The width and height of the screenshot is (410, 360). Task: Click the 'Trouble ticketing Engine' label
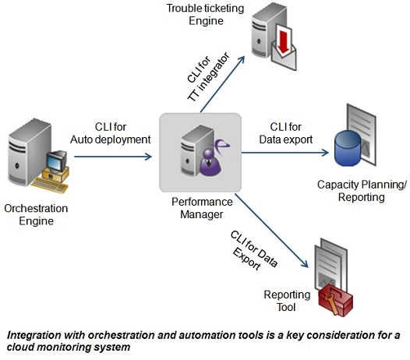pos(206,14)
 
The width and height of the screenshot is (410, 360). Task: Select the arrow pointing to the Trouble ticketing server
pos(222,84)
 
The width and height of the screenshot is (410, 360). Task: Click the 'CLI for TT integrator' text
pos(208,78)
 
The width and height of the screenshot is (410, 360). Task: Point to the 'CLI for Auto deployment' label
pos(111,133)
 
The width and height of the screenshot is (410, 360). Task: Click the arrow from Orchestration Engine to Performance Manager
pos(113,157)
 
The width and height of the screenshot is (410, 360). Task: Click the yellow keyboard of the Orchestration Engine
pos(49,185)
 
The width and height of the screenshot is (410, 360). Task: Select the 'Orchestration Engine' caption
pos(36,214)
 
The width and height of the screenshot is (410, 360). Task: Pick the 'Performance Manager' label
pos(202,208)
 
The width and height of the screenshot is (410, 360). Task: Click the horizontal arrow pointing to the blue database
pos(285,153)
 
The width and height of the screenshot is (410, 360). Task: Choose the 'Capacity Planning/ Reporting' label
pos(362,191)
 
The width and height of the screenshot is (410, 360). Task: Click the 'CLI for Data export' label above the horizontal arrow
pos(286,133)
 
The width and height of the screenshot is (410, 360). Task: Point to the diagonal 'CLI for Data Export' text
pos(253,251)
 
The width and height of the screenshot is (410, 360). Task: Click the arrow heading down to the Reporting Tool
pos(271,231)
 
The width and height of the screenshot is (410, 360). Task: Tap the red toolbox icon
pos(336,300)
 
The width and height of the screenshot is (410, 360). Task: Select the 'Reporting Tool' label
pos(287,301)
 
